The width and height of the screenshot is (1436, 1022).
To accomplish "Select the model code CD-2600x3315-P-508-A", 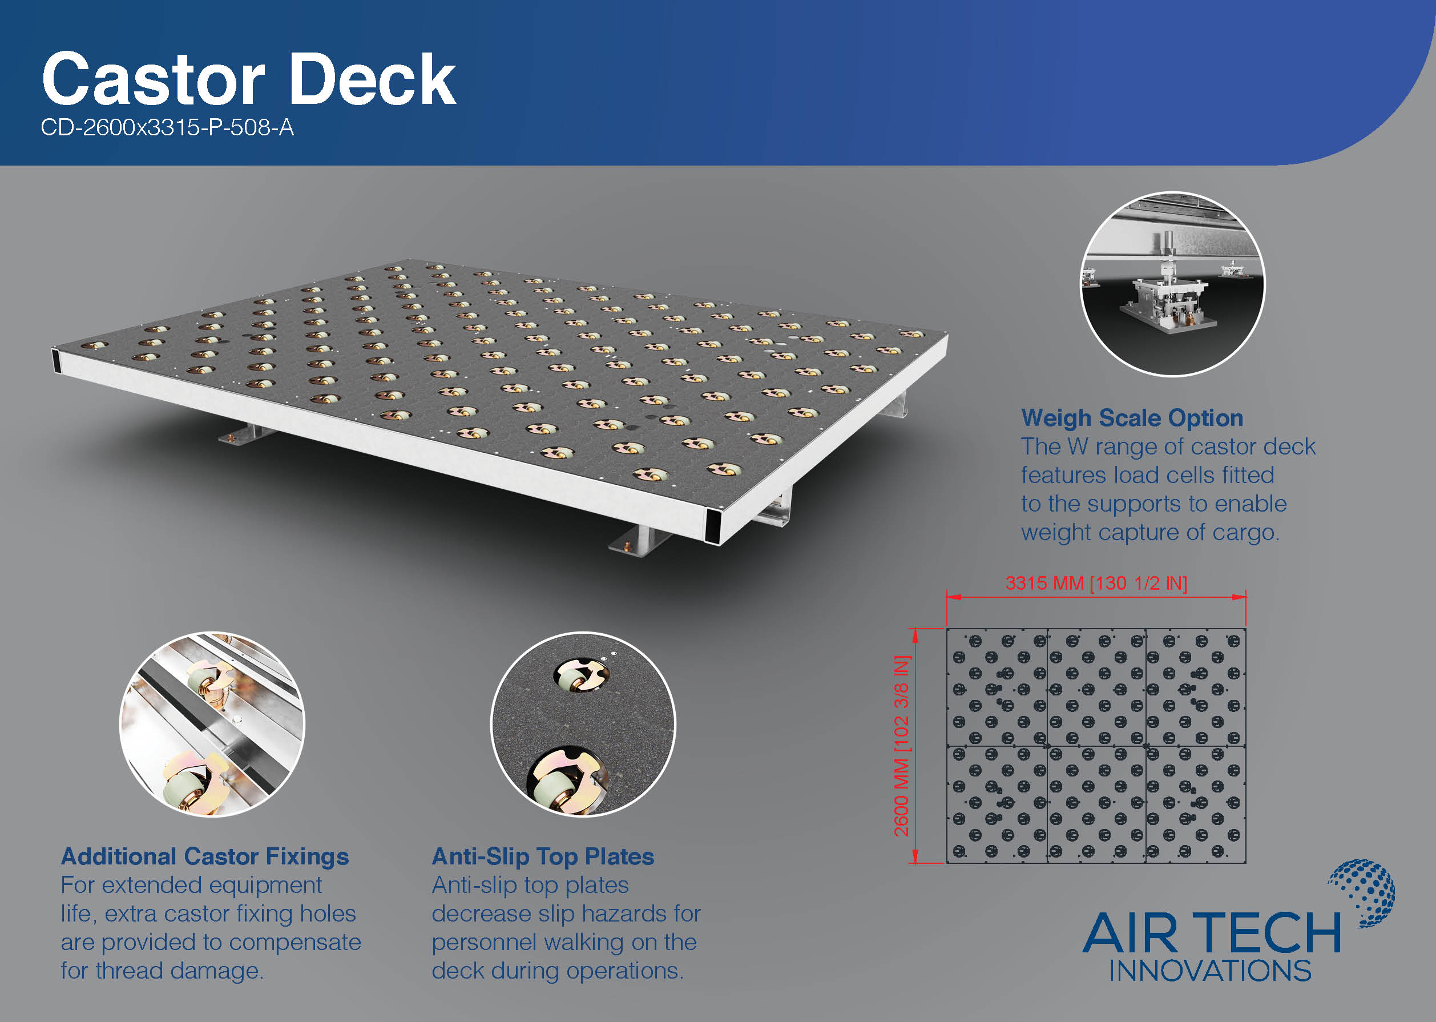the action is pos(167,128).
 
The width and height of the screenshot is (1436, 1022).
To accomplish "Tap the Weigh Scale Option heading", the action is pos(1132,418).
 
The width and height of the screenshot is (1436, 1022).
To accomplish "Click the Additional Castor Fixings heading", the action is pos(205,856).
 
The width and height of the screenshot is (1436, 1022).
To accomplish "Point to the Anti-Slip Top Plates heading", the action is pos(543,856).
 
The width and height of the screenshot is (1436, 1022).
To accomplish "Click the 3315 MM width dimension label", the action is pos(1096,583).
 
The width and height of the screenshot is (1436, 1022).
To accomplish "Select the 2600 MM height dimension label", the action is pos(902,746).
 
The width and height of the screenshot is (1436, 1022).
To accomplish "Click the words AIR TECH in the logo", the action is pos(1212,934).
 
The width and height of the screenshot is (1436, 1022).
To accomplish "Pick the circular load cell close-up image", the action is pos(1172,284).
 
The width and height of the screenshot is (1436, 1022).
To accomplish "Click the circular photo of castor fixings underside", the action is pos(212,725).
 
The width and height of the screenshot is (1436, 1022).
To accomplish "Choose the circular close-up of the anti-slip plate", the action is pos(583,725).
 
